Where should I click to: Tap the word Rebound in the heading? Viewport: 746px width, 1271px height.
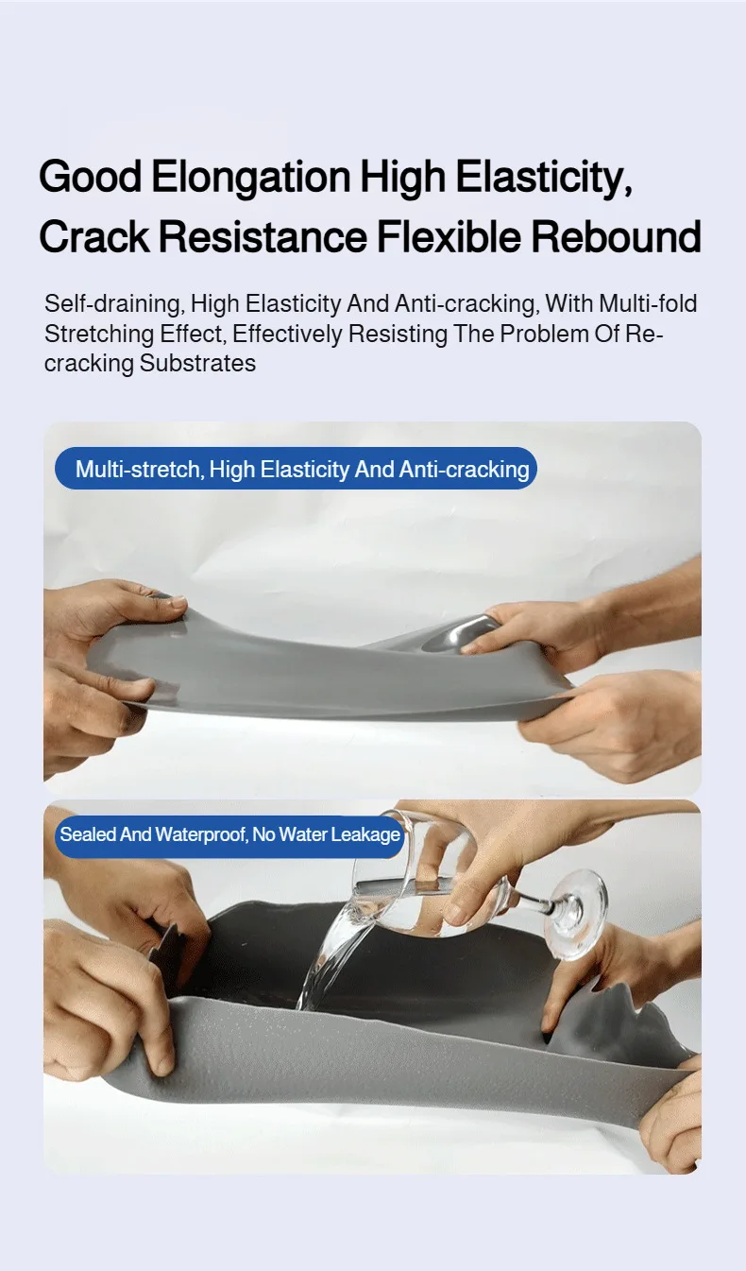click(x=617, y=236)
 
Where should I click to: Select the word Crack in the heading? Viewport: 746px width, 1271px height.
click(x=94, y=236)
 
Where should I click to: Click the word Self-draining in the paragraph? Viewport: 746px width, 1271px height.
click(x=114, y=304)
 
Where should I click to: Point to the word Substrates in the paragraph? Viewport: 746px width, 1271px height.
click(x=198, y=363)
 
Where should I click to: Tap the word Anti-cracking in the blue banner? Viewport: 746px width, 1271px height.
click(x=465, y=470)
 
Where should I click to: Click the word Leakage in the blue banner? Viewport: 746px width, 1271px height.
click(x=365, y=834)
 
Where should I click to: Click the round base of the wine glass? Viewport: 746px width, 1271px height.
click(x=575, y=914)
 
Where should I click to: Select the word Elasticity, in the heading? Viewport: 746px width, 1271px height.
click(x=544, y=179)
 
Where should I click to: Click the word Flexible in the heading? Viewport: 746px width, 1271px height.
click(x=449, y=236)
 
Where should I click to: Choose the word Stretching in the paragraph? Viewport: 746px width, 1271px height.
click(x=99, y=335)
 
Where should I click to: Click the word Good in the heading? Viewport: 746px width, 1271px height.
click(x=90, y=177)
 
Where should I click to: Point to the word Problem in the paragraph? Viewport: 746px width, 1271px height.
click(x=542, y=334)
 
